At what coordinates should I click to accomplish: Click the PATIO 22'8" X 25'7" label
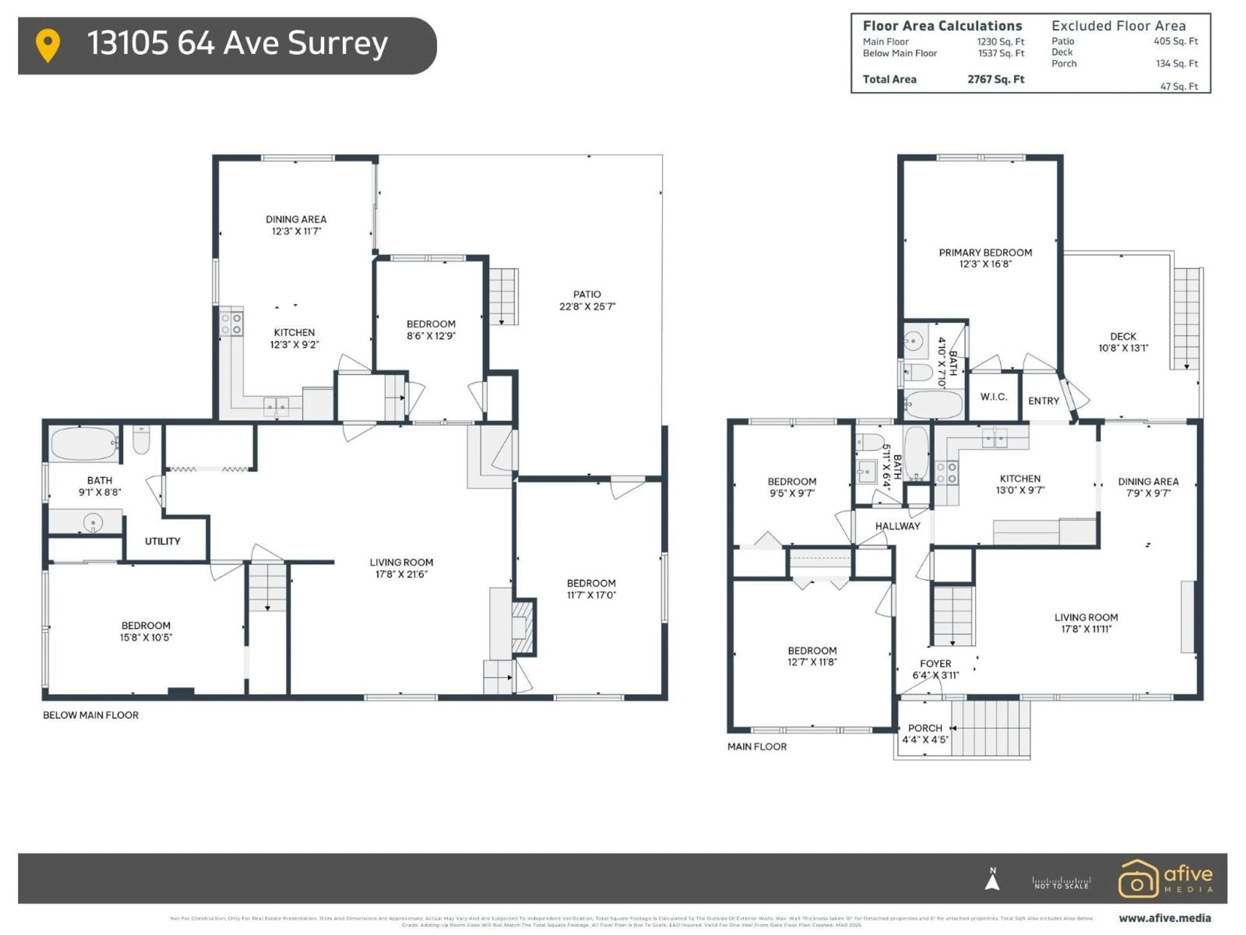click(x=587, y=300)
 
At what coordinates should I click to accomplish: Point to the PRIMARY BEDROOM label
click(x=985, y=253)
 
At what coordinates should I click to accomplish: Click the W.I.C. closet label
click(x=994, y=397)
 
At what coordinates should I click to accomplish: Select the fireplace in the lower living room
click(x=522, y=627)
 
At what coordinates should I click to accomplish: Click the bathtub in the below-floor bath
click(x=84, y=443)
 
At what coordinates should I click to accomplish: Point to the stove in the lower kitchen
click(x=231, y=323)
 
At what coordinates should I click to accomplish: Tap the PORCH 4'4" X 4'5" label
click(x=925, y=734)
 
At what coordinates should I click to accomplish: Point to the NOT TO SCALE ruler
click(x=1061, y=883)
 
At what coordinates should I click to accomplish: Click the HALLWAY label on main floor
click(x=897, y=526)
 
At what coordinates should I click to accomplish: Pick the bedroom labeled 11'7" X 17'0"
click(x=591, y=589)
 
